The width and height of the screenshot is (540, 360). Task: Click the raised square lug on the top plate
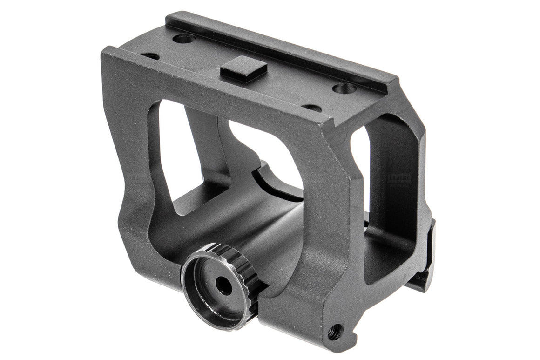(x=243, y=69)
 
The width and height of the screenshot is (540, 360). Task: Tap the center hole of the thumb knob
(x=223, y=285)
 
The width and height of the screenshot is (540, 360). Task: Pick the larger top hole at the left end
(x=183, y=38)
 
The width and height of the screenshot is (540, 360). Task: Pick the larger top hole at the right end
(x=344, y=88)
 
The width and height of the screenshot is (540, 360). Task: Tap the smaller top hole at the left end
(x=150, y=56)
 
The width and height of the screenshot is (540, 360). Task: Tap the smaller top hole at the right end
(x=312, y=108)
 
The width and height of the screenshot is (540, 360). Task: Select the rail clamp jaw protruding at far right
(x=426, y=261)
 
